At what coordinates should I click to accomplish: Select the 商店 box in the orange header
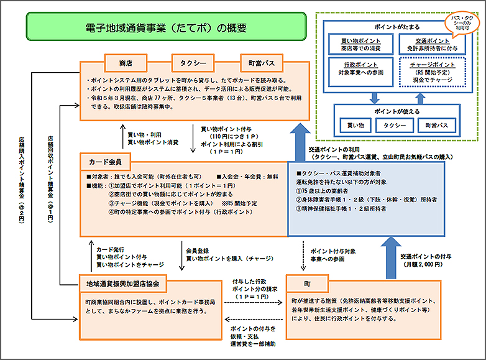tap(126, 63)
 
